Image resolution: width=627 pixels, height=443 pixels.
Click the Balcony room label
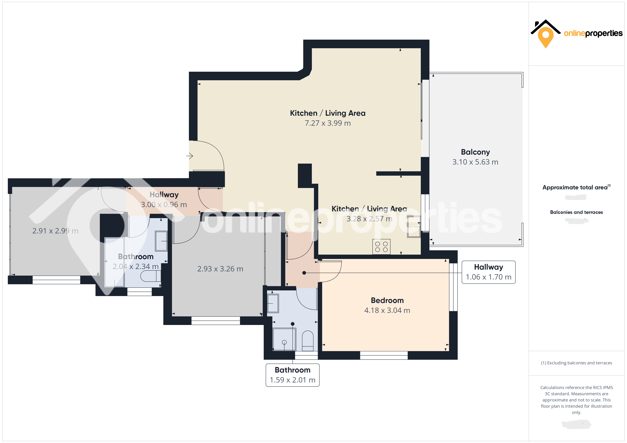(475, 152)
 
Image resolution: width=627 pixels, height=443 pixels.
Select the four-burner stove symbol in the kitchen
(381, 247)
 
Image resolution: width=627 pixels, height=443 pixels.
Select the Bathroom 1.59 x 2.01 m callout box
(293, 375)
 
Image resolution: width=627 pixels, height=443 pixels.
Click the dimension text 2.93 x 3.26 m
(220, 269)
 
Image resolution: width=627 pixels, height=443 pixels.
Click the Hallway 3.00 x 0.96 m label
(164, 200)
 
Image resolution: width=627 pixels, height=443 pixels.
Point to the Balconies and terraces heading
(576, 212)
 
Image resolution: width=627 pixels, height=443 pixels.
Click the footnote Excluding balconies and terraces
(576, 363)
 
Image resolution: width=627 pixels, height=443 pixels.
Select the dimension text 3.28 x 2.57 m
(369, 219)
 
